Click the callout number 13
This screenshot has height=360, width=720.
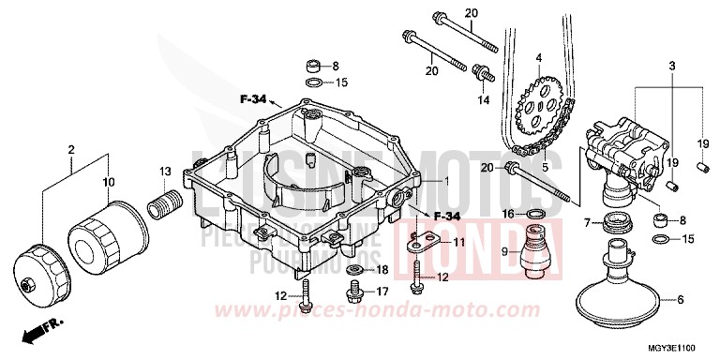point(165,171)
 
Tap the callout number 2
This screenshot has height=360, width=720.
point(72,150)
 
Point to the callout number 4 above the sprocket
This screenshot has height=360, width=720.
point(539,58)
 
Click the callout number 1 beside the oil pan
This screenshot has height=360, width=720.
point(447,180)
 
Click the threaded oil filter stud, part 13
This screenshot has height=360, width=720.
point(166,201)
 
